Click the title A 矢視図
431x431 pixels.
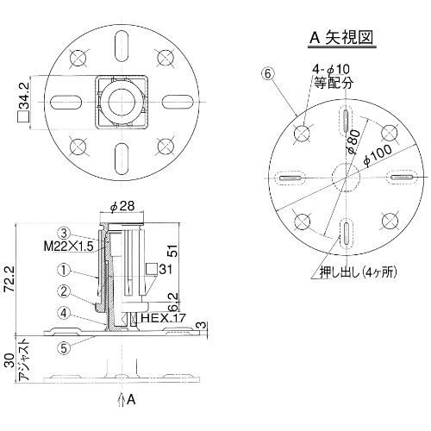[x=341, y=38]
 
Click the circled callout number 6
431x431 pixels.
[x=267, y=74]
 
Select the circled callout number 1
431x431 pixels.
[x=64, y=270]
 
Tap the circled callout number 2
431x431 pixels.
[x=64, y=291]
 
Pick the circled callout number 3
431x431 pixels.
[x=64, y=233]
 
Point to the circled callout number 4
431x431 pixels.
[x=64, y=313]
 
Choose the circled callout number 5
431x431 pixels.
[x=64, y=348]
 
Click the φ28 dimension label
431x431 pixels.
[x=122, y=206]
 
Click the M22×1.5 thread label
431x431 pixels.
[x=69, y=247]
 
